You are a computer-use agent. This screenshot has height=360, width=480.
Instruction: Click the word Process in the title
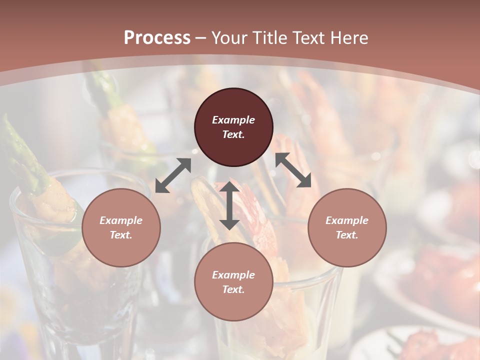157,38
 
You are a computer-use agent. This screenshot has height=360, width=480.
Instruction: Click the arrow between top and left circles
173,175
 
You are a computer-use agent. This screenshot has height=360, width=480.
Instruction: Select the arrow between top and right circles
293,170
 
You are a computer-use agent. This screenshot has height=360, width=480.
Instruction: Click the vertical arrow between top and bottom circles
229,206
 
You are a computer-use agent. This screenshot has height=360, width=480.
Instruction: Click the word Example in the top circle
233,120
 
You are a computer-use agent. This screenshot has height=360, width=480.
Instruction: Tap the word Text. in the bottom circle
233,289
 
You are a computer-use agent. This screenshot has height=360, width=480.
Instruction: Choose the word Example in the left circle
121,220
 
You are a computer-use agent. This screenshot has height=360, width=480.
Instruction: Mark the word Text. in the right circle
347,235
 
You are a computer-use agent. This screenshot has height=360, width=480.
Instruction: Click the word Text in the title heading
310,38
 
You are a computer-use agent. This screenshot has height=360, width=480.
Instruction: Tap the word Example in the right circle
347,220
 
